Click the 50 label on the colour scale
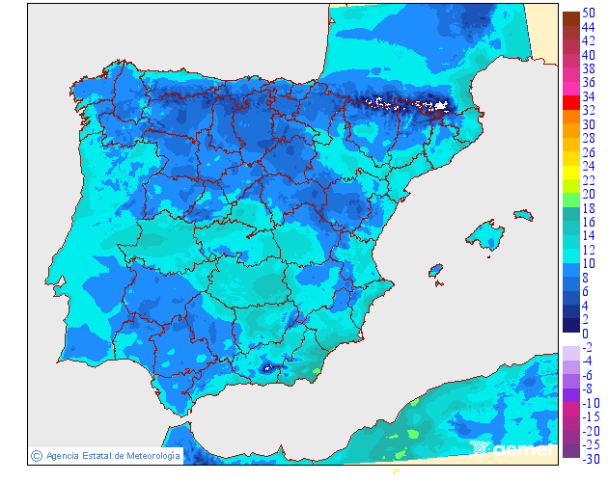point(589,13)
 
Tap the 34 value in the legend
point(589,97)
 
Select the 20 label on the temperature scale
point(589,194)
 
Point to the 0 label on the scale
point(585,334)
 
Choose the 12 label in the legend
point(589,250)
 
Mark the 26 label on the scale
point(589,152)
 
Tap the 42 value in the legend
point(589,41)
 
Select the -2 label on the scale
point(587,347)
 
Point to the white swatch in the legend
point(570,339)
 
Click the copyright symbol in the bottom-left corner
point(36,455)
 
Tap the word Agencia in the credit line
point(62,455)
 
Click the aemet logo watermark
point(511,448)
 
